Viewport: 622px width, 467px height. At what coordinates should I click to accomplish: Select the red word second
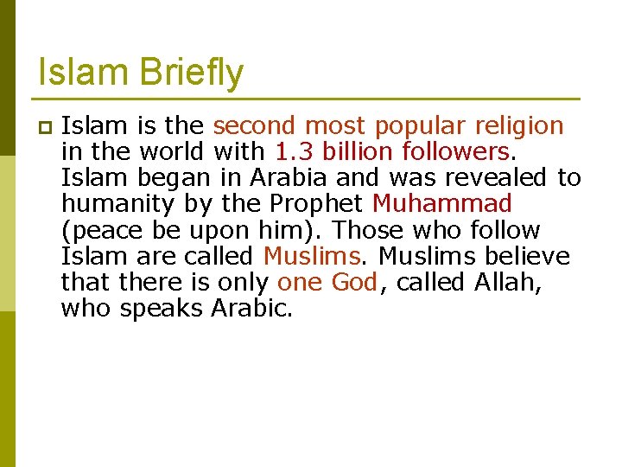tap(254, 126)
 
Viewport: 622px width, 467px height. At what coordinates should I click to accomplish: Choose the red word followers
tap(456, 152)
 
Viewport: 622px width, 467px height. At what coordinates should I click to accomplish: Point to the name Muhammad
tap(442, 204)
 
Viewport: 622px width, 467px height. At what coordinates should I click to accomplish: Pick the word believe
tap(527, 256)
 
